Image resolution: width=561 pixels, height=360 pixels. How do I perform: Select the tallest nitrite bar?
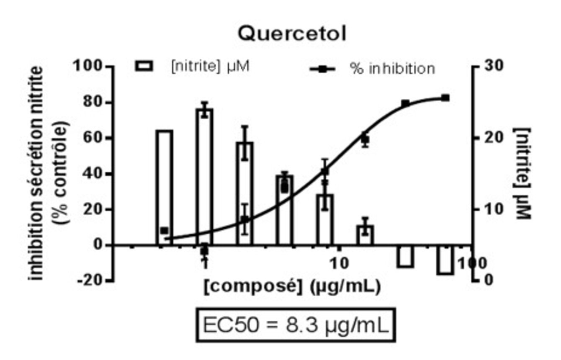point(204,177)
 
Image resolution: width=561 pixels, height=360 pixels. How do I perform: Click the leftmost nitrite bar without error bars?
point(164,188)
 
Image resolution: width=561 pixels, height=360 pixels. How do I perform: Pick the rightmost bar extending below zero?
point(445,260)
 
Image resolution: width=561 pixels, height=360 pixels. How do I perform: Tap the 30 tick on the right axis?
point(494,66)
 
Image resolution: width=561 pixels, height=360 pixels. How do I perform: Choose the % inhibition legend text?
point(392,69)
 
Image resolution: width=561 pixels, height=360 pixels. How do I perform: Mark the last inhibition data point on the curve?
point(445,98)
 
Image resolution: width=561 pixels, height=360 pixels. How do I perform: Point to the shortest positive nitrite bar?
point(365,235)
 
